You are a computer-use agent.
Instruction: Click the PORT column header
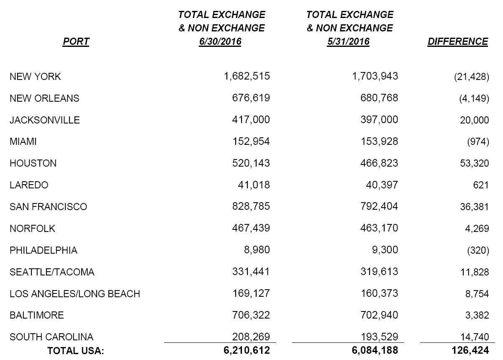point(76,41)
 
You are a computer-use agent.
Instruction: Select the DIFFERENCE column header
point(457,41)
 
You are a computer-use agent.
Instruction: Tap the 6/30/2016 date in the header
point(220,42)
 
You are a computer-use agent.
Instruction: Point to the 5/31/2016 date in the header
point(348,42)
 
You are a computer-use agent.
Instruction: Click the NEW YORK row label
point(35,77)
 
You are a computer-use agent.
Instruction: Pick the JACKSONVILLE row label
point(45,120)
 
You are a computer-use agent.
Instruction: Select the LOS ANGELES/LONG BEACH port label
point(75,294)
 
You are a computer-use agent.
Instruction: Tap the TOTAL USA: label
point(76,351)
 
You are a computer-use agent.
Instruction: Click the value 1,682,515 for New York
point(247,76)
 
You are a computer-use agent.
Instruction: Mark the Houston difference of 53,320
point(474,163)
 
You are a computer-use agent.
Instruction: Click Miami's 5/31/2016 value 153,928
point(379,141)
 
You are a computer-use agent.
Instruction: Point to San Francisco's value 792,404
point(379,206)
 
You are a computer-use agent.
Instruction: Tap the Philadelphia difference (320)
point(478,250)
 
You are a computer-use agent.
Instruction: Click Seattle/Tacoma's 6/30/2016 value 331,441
point(251,272)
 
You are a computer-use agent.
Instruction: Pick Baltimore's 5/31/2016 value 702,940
point(379,315)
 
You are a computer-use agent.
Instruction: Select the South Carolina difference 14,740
point(474,337)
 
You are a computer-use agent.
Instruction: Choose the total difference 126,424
point(470,350)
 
